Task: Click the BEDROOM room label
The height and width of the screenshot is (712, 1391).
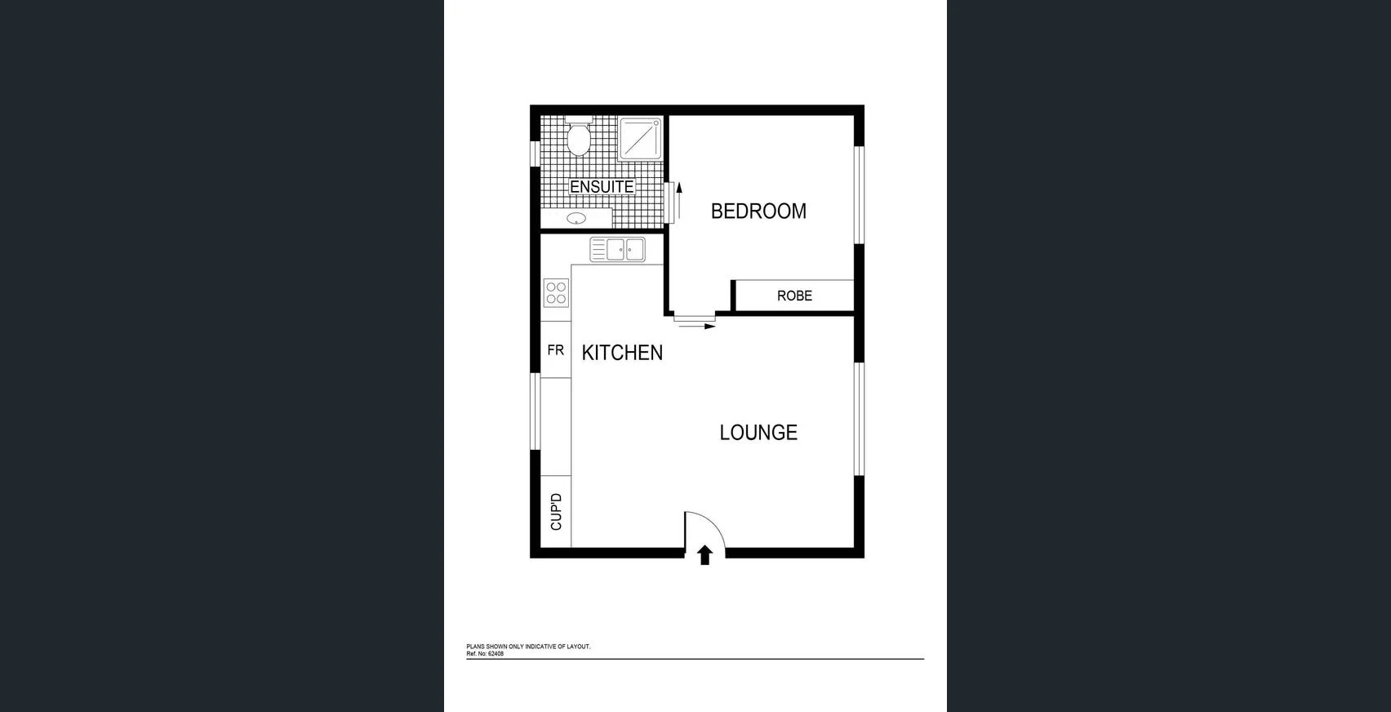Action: click(758, 211)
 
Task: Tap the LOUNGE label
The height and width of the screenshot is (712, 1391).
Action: click(758, 433)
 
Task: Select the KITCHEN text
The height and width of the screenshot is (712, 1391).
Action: click(622, 353)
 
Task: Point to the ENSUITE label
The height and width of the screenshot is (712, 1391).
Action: click(602, 187)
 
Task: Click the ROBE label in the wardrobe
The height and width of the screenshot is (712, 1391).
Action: click(794, 296)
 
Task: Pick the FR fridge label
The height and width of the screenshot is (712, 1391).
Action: click(556, 350)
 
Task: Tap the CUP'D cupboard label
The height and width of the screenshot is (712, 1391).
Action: click(557, 512)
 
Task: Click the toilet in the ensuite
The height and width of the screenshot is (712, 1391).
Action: click(579, 138)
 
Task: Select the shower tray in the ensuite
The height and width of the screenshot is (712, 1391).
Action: click(641, 139)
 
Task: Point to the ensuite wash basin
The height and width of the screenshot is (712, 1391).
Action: click(576, 219)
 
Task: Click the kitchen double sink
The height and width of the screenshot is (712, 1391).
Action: click(619, 250)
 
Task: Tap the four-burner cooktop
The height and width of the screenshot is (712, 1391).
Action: click(556, 293)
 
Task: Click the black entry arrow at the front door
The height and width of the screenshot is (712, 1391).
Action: click(705, 555)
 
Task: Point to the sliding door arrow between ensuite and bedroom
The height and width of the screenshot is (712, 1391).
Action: click(678, 200)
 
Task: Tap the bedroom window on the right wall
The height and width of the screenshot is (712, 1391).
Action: click(859, 194)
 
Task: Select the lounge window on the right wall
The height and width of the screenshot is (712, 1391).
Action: click(859, 418)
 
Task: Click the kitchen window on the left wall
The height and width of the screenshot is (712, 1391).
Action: click(536, 412)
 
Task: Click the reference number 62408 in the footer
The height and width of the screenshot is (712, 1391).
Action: click(496, 654)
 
